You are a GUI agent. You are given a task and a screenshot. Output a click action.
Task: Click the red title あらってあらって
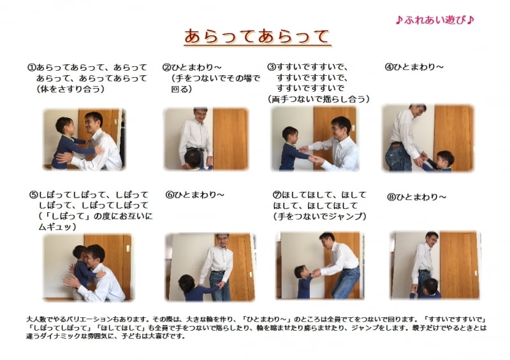point(258,36)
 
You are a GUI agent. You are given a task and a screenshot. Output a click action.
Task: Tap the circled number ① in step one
point(31,67)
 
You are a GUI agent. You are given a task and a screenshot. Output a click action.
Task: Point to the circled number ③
point(271,66)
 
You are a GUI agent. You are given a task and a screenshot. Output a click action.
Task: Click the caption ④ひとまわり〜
point(414,67)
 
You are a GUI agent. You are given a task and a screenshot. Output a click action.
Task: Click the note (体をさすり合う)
point(70,89)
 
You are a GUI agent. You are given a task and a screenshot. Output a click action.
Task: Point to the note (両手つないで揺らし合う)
point(319,99)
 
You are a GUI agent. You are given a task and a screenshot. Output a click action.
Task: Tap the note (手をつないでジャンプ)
point(319,217)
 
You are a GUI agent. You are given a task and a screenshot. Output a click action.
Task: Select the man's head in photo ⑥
point(221,241)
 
